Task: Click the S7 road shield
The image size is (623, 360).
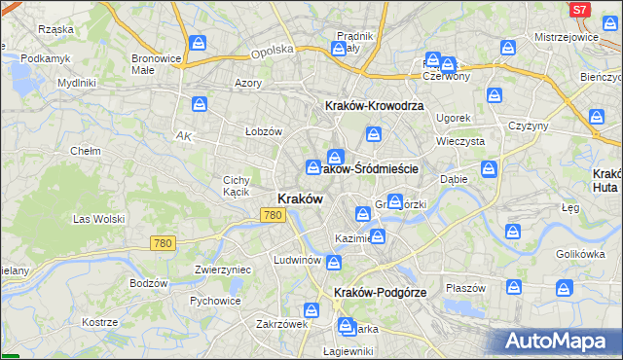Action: (x=579, y=10)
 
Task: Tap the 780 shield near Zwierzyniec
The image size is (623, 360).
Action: (x=163, y=242)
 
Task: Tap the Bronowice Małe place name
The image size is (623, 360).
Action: (x=156, y=64)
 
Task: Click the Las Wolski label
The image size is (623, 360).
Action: (x=98, y=219)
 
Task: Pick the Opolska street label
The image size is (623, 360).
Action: (x=272, y=51)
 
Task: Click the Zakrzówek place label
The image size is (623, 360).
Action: (x=281, y=324)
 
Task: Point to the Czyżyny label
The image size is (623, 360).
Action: (x=529, y=126)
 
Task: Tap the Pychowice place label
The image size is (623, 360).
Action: (x=215, y=301)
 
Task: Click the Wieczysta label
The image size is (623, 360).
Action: (x=460, y=141)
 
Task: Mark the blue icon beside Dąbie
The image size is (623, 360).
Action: (x=488, y=169)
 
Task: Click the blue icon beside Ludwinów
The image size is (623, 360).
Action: (x=334, y=262)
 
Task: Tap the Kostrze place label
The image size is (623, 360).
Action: (x=99, y=321)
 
